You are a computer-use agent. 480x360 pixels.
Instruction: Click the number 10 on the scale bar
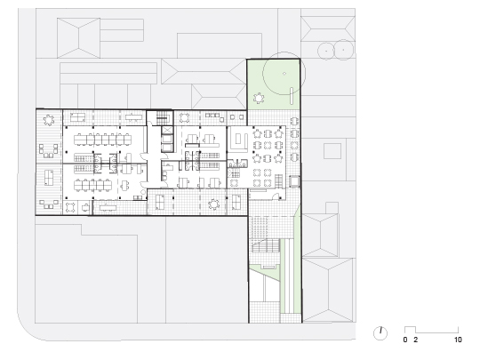point(458,340)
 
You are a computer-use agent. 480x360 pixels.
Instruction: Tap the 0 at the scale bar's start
point(405,340)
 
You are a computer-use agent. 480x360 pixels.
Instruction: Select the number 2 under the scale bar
point(415,340)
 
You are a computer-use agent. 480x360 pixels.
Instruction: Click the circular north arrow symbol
point(380,333)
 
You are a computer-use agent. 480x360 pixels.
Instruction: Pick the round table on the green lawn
point(259,99)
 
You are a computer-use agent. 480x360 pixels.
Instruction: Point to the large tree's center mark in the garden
point(284,73)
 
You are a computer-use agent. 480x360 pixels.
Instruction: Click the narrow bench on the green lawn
point(292,95)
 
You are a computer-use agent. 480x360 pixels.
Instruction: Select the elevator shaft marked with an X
point(167,130)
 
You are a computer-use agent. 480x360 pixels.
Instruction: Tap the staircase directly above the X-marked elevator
point(163,118)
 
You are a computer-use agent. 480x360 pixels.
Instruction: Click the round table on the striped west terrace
point(49,120)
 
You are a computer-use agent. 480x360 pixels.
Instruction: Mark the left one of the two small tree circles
point(326,50)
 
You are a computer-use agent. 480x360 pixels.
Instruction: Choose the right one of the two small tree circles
point(343,49)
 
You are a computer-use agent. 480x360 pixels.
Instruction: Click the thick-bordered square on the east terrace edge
point(294,181)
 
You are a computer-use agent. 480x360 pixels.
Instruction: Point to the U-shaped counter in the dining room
point(239,141)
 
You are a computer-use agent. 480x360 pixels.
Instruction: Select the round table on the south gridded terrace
point(213,204)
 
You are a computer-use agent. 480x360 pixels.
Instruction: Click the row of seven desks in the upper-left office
point(102,140)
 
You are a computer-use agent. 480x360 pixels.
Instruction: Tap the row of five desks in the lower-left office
point(92,185)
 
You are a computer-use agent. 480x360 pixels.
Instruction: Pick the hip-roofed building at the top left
point(79,38)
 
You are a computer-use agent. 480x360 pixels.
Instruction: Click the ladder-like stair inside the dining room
point(279,181)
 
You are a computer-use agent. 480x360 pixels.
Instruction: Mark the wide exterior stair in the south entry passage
point(266,245)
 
